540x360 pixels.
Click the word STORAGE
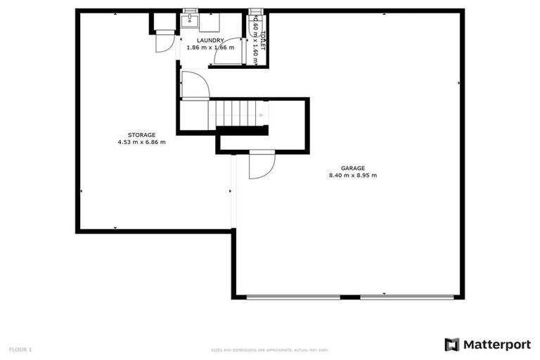coord(141,135)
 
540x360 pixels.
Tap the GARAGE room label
coord(352,168)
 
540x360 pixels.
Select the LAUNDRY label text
coord(210,41)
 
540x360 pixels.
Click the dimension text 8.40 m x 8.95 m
coord(352,176)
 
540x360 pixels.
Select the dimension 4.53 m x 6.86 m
coord(141,142)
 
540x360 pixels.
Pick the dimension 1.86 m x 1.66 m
coord(210,48)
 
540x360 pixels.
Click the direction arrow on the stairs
coord(262,115)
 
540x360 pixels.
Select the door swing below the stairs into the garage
coord(261,165)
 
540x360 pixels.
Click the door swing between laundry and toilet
coord(229,52)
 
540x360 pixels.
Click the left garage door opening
coord(293,297)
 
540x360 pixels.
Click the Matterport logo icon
coord(452,345)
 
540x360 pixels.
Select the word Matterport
coord(497,345)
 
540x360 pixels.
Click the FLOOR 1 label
coord(20,349)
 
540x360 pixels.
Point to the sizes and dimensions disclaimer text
coord(270,349)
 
